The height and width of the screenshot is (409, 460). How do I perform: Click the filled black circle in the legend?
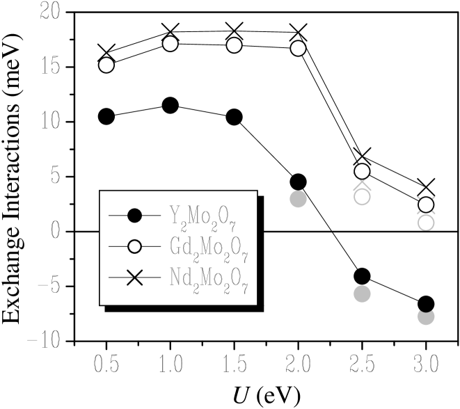click(x=135, y=216)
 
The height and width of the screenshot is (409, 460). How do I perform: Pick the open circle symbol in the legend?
click(x=135, y=246)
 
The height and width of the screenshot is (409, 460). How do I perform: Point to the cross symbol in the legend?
click(x=135, y=278)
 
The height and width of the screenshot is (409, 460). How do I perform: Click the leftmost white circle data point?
click(x=106, y=65)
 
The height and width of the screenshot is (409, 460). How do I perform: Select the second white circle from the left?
click(x=170, y=44)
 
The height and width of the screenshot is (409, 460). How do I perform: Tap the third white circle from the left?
click(x=234, y=45)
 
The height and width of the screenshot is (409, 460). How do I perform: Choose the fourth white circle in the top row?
click(x=298, y=48)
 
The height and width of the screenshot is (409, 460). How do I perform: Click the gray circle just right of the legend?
click(x=298, y=199)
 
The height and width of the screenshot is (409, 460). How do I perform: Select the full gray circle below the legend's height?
click(x=362, y=294)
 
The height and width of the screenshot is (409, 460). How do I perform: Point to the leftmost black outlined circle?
click(x=106, y=116)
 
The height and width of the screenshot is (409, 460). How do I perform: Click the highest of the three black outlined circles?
click(x=170, y=106)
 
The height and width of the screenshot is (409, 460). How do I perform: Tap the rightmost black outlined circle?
click(x=234, y=117)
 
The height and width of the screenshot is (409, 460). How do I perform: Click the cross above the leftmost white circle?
click(x=106, y=51)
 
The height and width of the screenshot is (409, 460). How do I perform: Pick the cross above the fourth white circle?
click(x=298, y=31)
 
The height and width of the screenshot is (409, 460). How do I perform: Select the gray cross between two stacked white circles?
click(x=362, y=184)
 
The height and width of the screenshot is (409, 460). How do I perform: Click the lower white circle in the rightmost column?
click(x=426, y=223)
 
